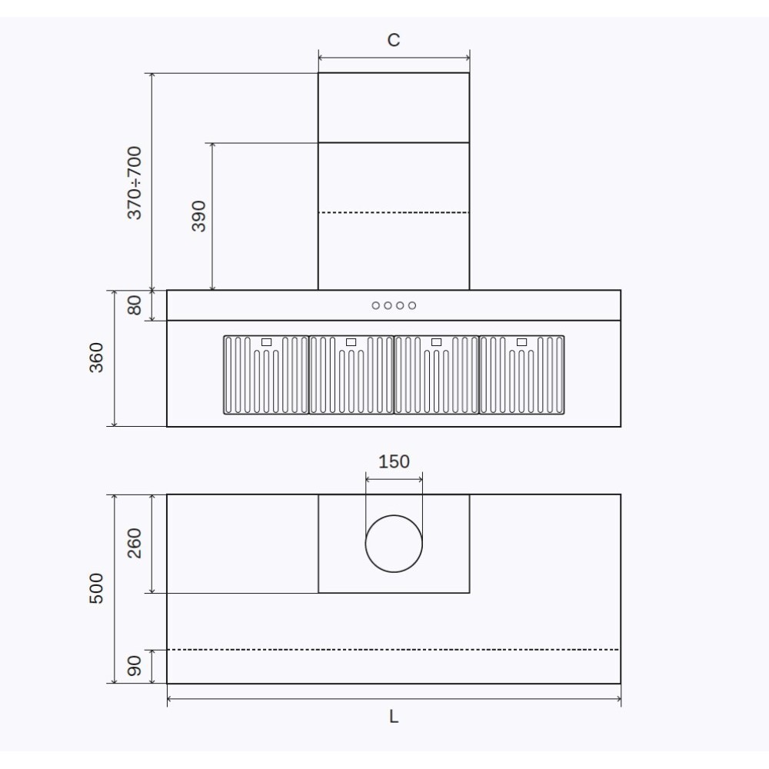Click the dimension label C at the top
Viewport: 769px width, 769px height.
pyautogui.click(x=393, y=40)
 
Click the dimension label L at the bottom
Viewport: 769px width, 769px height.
pyautogui.click(x=393, y=717)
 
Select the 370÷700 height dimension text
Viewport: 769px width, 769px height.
pyautogui.click(x=135, y=182)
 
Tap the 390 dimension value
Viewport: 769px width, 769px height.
pyautogui.click(x=198, y=217)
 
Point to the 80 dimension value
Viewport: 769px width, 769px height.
pyautogui.click(x=135, y=305)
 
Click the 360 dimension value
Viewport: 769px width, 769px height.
pyautogui.click(x=97, y=358)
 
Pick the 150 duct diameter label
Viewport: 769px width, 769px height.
pyautogui.click(x=394, y=461)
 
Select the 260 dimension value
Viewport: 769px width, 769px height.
pyautogui.click(x=135, y=544)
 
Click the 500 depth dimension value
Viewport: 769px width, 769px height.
pyautogui.click(x=97, y=589)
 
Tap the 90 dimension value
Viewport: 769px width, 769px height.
pyautogui.click(x=135, y=666)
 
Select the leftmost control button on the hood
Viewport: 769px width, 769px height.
pyautogui.click(x=376, y=305)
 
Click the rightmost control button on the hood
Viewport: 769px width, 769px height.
pyautogui.click(x=412, y=305)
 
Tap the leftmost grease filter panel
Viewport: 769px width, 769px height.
pyautogui.click(x=266, y=375)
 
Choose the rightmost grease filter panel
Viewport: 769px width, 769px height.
pyautogui.click(x=522, y=375)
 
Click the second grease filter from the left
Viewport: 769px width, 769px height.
pyautogui.click(x=351, y=375)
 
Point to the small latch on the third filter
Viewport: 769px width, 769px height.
pyautogui.click(x=436, y=341)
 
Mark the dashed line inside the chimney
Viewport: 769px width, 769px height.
pyautogui.click(x=394, y=212)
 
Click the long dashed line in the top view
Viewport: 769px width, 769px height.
pyautogui.click(x=394, y=650)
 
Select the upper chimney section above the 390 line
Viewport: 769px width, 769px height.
pyautogui.click(x=394, y=108)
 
